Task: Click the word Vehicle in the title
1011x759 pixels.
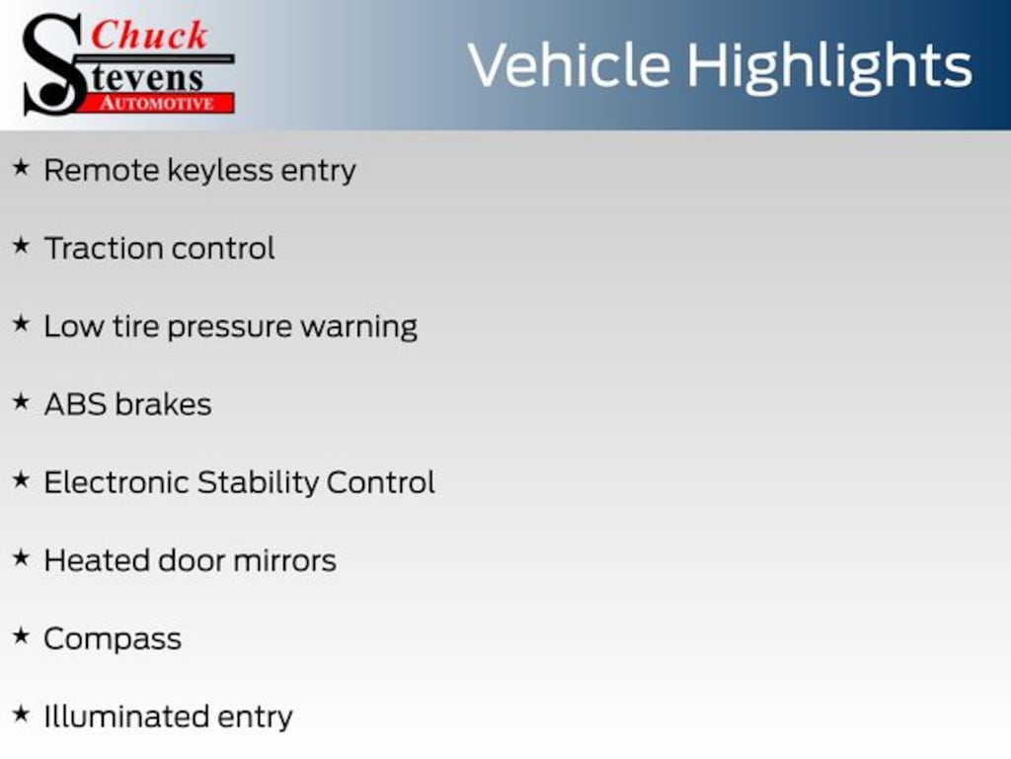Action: pos(570,64)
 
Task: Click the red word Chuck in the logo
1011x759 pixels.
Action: pos(149,35)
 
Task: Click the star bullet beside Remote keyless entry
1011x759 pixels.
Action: pos(21,168)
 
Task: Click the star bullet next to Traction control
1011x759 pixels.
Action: pos(21,246)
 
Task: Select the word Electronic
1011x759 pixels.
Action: pos(117,482)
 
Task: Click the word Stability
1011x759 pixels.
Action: pos(258,482)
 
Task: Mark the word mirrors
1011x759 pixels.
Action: pos(285,561)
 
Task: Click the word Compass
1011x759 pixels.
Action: pos(113,640)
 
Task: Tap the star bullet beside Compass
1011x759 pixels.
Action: pos(21,636)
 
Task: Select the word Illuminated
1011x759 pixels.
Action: pos(126,717)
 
